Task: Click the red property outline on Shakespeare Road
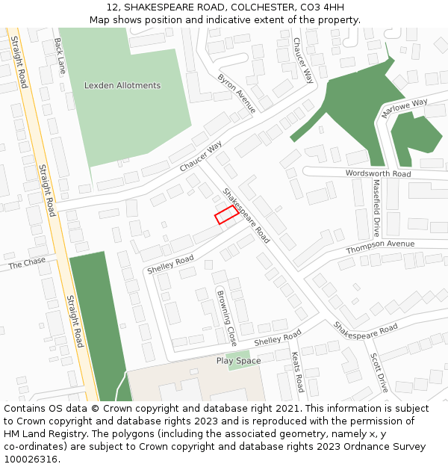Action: click(227, 215)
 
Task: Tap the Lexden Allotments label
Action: click(122, 85)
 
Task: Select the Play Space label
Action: click(238, 361)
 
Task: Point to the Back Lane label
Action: click(59, 56)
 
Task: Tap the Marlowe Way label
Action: click(404, 108)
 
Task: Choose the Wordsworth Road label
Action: click(378, 173)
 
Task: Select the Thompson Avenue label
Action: click(379, 245)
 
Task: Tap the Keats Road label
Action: click(297, 372)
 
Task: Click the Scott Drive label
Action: click(379, 372)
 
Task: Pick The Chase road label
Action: click(27, 263)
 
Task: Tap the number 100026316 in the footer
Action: click(31, 459)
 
